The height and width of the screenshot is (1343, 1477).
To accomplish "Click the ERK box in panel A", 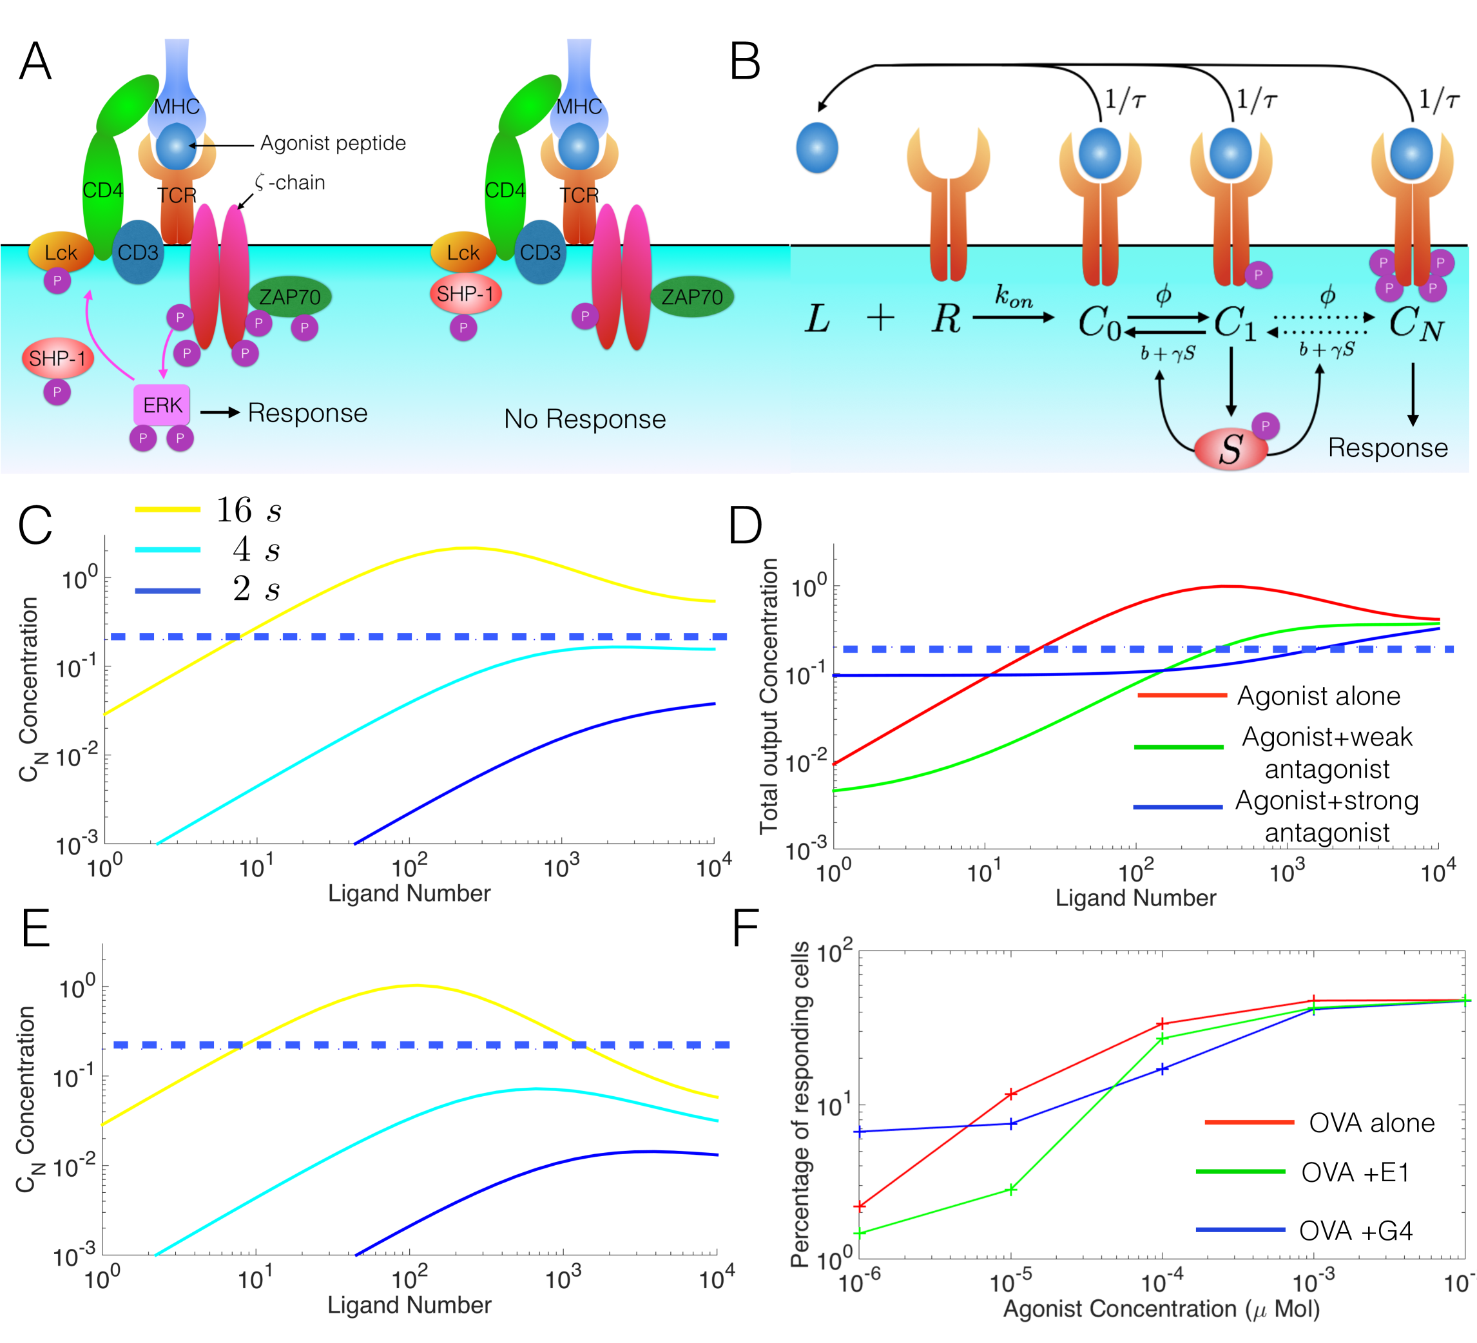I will (x=162, y=405).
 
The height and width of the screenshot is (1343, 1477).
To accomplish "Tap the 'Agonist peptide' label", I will (x=333, y=143).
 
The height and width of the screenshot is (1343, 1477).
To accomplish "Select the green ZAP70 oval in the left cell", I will (x=290, y=296).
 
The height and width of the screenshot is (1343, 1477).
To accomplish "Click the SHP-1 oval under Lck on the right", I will (x=465, y=294).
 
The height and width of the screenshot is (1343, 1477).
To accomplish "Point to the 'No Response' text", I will (x=584, y=419).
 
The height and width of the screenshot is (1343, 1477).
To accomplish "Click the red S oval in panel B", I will (x=1231, y=449).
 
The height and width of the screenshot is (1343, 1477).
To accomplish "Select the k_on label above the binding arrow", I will (x=1014, y=296).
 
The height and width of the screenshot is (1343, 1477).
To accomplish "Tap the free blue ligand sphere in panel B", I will (x=817, y=148).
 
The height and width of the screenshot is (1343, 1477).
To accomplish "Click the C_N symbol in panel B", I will (x=1415, y=322).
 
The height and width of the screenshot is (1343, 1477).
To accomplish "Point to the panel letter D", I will (x=745, y=525).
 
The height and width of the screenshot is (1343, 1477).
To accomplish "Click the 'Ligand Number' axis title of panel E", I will (x=409, y=1304).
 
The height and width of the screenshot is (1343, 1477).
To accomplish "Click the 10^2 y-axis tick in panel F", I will (x=835, y=952).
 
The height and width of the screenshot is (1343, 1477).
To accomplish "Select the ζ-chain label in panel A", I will (x=290, y=182).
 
